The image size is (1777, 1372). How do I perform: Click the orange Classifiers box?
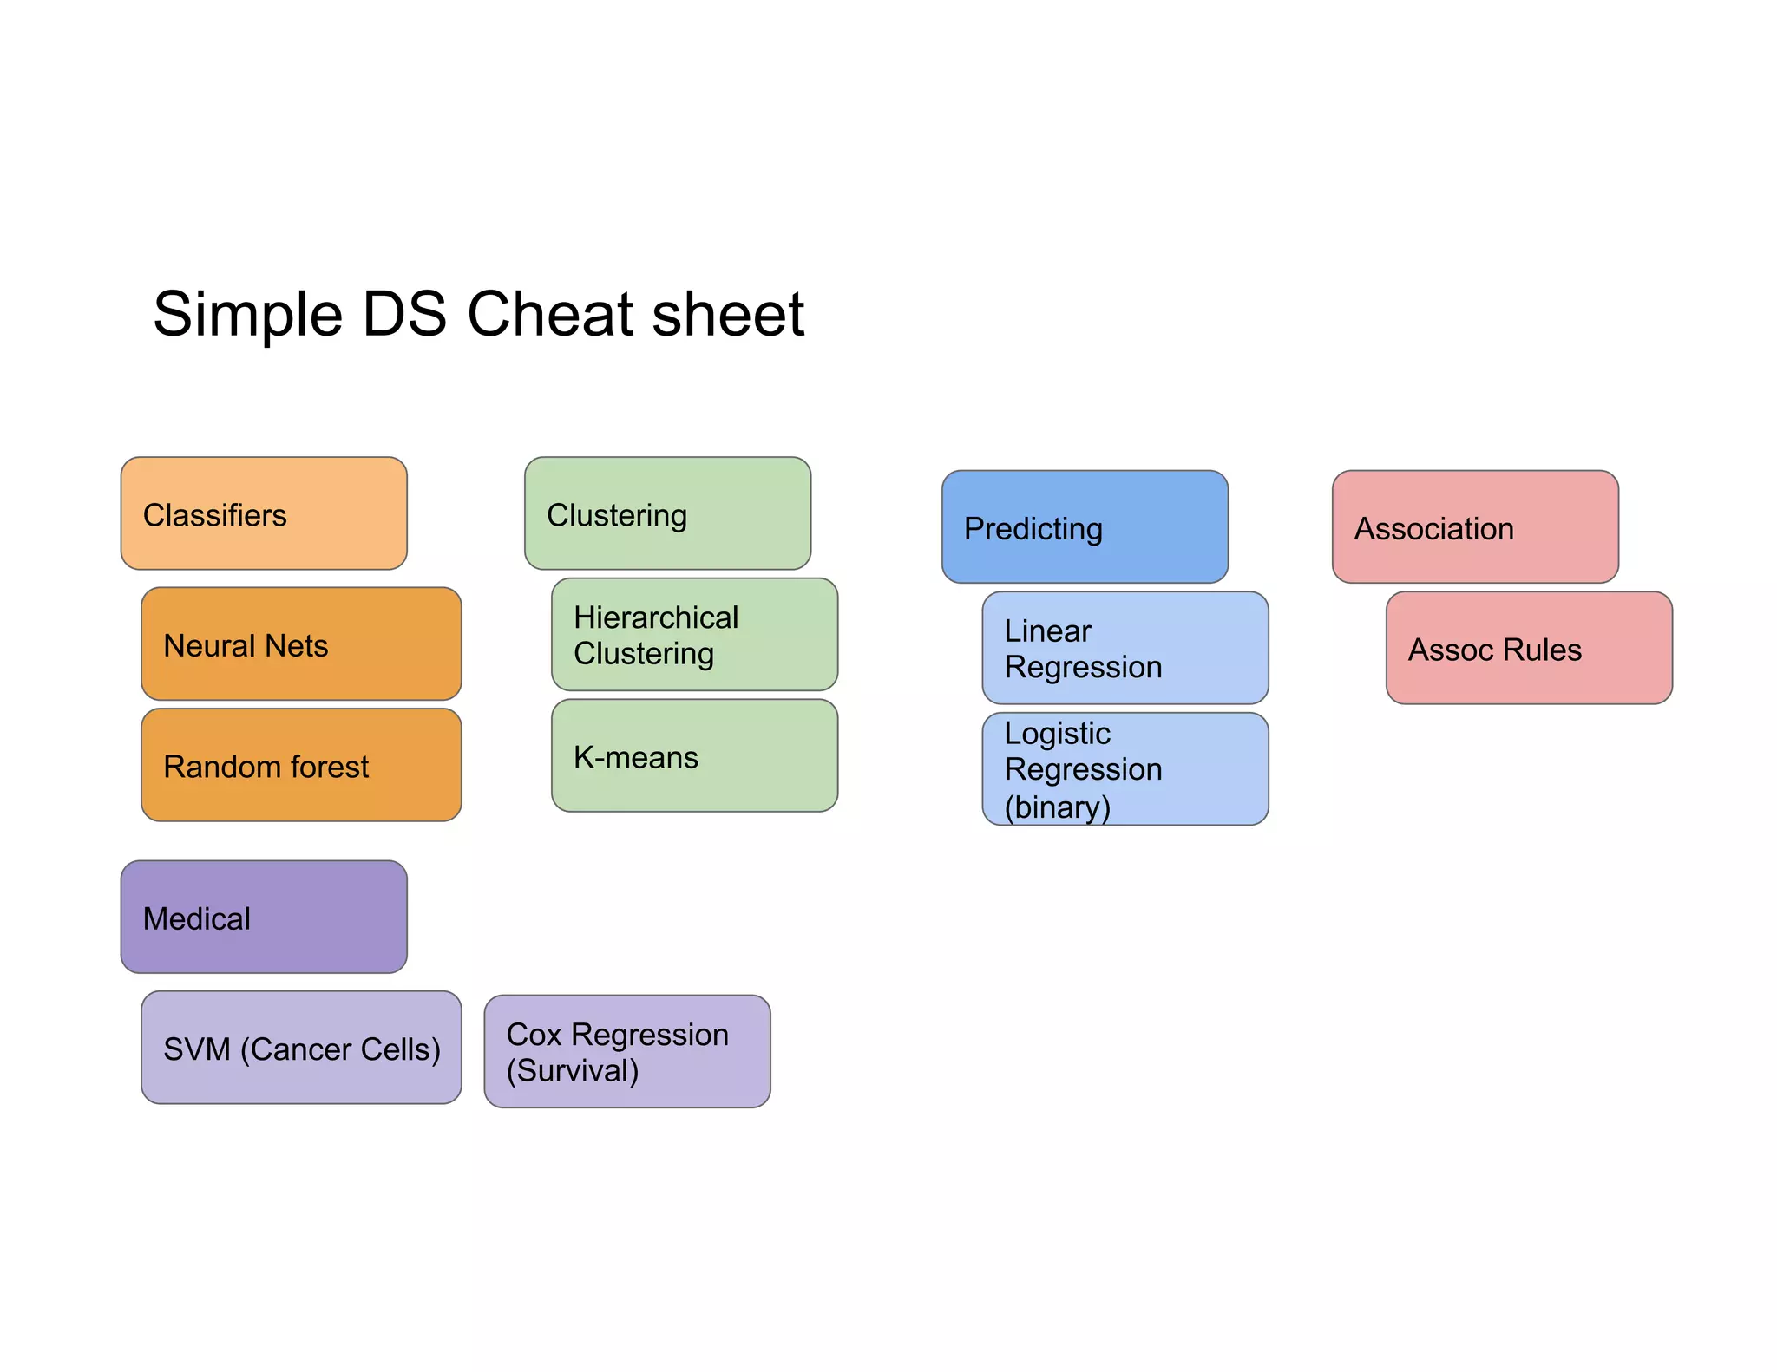[264, 513]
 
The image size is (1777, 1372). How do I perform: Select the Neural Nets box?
[301, 644]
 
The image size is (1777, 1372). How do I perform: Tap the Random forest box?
[301, 765]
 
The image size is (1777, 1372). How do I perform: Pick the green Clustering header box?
[667, 513]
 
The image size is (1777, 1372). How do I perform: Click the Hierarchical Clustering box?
[694, 635]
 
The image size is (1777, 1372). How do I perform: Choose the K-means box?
[694, 755]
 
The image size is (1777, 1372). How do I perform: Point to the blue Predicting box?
[1085, 526]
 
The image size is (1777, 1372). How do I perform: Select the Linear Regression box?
[1125, 648]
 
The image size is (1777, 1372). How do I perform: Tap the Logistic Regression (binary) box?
[1125, 768]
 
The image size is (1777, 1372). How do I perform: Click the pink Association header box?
[1475, 526]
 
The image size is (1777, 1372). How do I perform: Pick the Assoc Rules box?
[1529, 648]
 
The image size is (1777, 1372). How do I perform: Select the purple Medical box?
[264, 917]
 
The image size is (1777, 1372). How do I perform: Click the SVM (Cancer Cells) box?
[301, 1048]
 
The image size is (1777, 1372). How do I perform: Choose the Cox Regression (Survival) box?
[626, 1051]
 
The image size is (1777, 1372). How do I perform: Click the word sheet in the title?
[728, 314]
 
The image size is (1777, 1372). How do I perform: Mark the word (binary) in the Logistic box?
[1057, 807]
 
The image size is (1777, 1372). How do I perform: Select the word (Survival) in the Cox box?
[573, 1071]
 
